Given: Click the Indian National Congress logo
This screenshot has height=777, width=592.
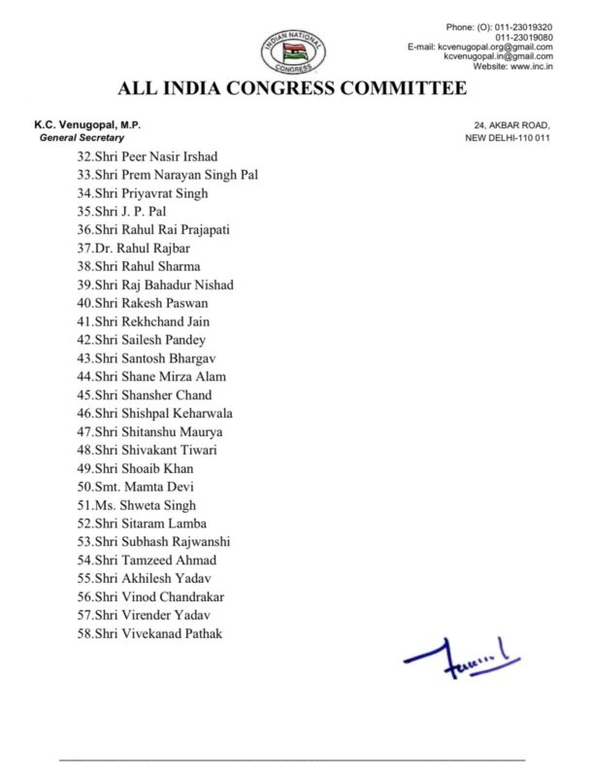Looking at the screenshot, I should [x=292, y=51].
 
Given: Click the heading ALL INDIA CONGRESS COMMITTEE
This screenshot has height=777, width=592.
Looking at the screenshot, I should [x=292, y=89].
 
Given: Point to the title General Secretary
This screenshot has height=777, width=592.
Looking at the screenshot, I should [x=82, y=138].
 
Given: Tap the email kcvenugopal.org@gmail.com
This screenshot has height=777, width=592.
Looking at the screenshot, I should [x=495, y=46].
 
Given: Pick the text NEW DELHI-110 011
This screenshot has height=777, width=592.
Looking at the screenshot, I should [x=508, y=138].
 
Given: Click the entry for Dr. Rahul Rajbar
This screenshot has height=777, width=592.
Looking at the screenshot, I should [x=137, y=248].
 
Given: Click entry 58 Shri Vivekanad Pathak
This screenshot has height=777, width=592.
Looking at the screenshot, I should [x=150, y=633].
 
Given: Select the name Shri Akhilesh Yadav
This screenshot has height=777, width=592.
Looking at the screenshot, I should [x=146, y=578].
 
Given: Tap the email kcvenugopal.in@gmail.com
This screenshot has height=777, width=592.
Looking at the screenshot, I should [x=498, y=56].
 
